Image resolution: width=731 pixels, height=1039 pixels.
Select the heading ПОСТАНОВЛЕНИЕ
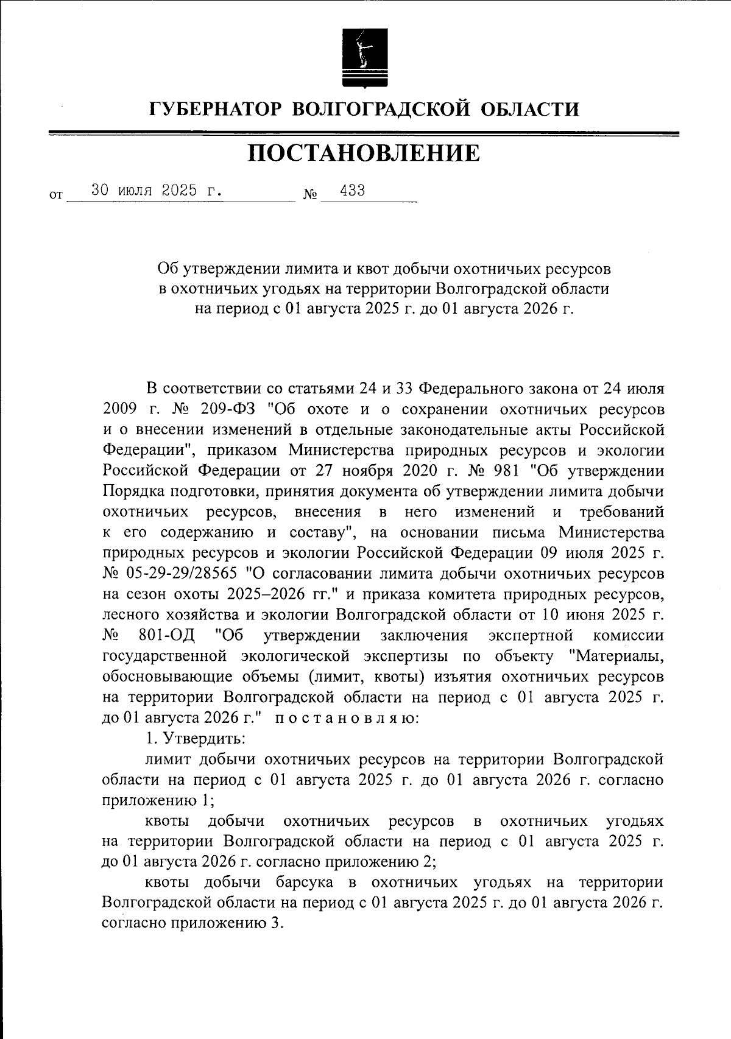pos(364,153)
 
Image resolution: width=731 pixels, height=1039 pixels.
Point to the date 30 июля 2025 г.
pos(156,190)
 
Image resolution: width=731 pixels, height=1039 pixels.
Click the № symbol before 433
pos(310,195)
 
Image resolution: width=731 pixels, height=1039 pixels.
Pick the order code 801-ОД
pos(166,636)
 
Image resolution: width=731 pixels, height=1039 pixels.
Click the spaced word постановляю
pos(346,718)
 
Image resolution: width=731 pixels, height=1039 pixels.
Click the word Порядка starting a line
pos(137,491)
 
